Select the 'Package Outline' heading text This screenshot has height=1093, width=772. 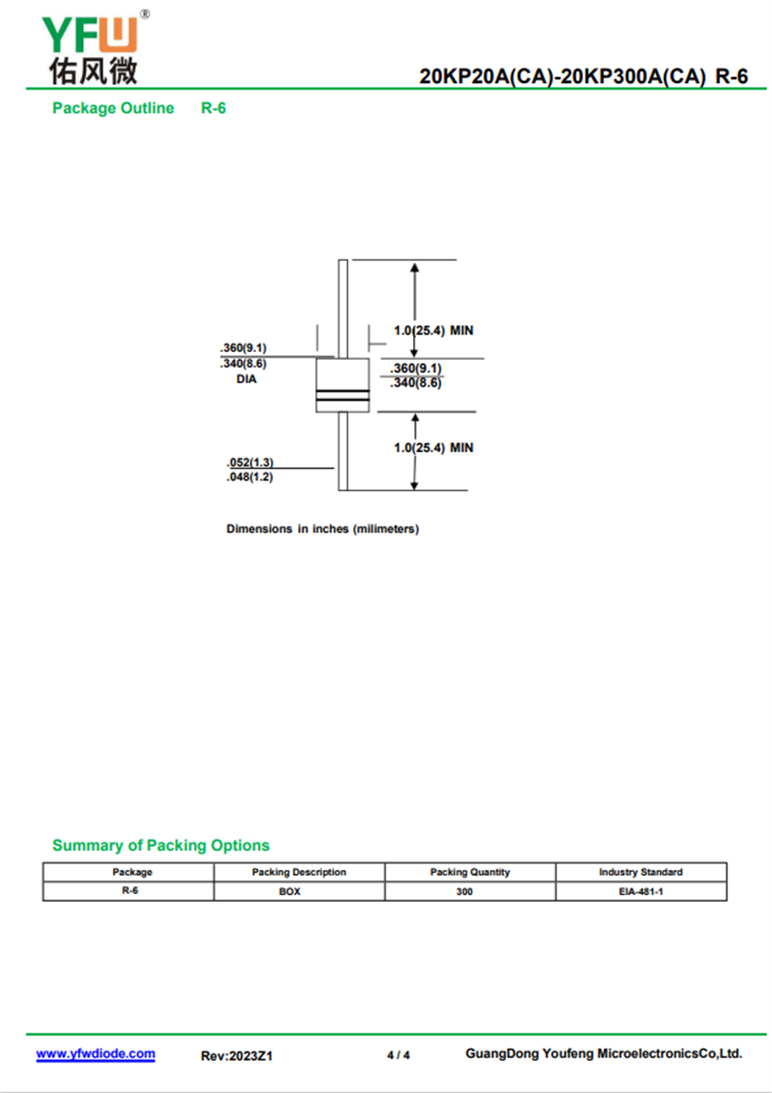tap(113, 108)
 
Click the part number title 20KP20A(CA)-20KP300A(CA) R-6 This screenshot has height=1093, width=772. tap(583, 77)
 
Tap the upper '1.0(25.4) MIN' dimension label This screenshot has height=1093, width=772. tap(433, 331)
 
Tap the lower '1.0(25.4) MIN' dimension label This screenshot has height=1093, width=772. tap(433, 448)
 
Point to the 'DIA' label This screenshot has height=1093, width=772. tap(247, 379)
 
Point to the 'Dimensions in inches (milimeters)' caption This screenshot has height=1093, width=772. tap(322, 529)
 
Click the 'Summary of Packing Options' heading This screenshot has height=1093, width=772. tap(161, 845)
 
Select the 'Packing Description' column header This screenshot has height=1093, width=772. tap(299, 872)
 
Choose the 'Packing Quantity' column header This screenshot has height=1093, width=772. tap(470, 872)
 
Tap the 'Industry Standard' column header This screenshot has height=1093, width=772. tap(641, 872)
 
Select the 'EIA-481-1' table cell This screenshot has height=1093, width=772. tap(641, 891)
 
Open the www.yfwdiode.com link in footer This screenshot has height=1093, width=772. tap(96, 1053)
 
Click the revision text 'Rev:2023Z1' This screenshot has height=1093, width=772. tap(236, 1055)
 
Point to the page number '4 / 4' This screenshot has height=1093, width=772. tap(399, 1055)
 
